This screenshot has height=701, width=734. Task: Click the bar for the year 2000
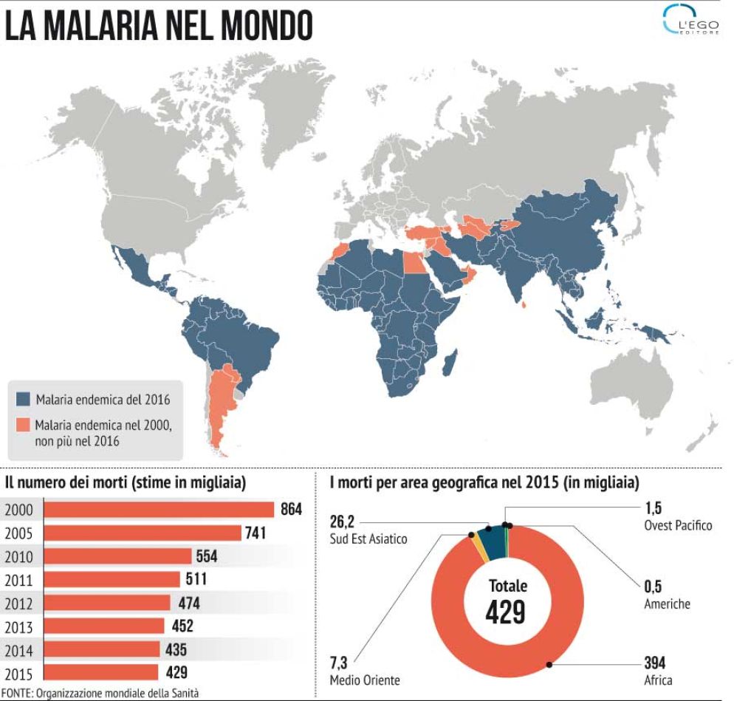click(x=159, y=509)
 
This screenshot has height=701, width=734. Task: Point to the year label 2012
click(x=19, y=603)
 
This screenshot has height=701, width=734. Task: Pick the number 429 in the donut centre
click(x=507, y=612)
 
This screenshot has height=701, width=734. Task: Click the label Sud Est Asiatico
click(x=368, y=539)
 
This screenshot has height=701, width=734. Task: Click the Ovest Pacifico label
click(x=678, y=525)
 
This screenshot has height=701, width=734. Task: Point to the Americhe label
click(x=666, y=603)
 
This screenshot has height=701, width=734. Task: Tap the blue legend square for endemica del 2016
click(x=24, y=400)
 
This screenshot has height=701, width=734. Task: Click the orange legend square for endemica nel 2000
click(x=24, y=425)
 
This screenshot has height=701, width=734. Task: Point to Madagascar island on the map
click(x=447, y=363)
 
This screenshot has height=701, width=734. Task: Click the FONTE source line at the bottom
click(x=100, y=692)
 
